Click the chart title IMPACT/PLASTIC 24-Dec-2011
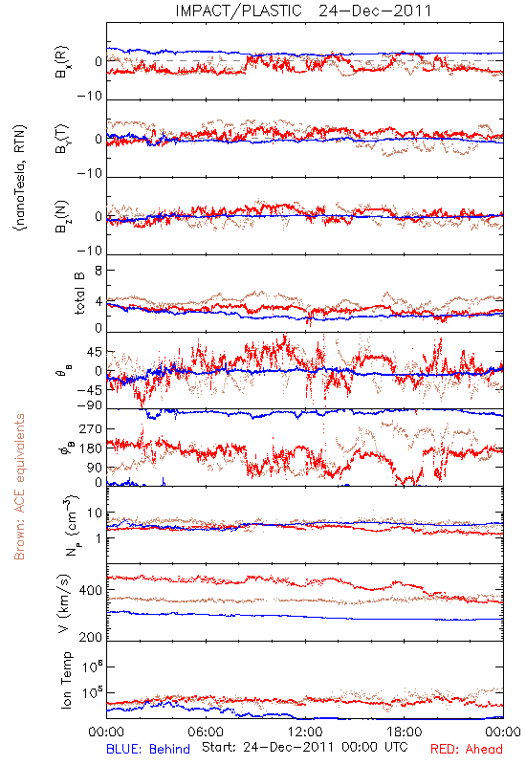pos(303,11)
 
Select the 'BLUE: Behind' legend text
pos(148,749)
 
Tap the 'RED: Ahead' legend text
pos(466,749)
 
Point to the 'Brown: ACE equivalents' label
pos(19,487)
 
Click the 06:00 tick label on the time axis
pos(206,732)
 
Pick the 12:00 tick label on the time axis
pos(305,732)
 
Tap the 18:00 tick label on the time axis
pos(405,732)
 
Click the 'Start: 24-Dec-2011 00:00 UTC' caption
pos(305,747)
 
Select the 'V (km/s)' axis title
pos(64,603)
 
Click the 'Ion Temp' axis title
pos(66,680)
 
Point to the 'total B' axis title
pos(79,294)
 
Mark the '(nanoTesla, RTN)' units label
pos(20,178)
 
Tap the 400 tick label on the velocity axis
pos(90,590)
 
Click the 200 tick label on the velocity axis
pos(90,637)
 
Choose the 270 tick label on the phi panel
pos(90,428)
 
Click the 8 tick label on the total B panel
pos(99,271)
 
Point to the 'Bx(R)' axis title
pos(62,61)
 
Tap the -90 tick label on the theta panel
pos(90,405)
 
